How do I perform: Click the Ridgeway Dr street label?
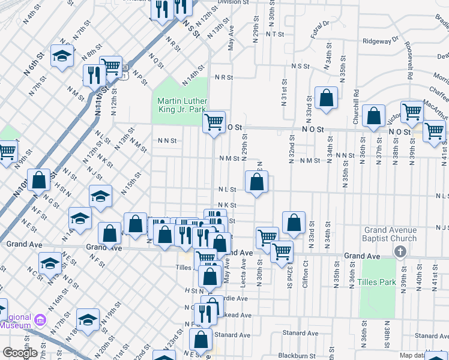[x=381, y=41]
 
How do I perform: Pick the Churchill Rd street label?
[x=356, y=107]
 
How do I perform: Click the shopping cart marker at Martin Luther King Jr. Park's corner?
[x=214, y=122]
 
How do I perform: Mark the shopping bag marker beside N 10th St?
[x=39, y=179]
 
